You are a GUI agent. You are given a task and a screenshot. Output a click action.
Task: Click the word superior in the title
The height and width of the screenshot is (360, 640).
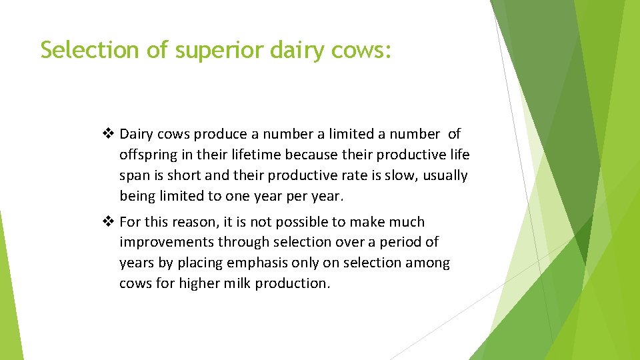click(x=219, y=50)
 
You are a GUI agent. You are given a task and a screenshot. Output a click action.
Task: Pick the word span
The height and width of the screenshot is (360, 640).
click(x=134, y=176)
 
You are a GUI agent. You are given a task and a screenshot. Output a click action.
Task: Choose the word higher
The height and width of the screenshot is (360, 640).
click(x=198, y=283)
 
